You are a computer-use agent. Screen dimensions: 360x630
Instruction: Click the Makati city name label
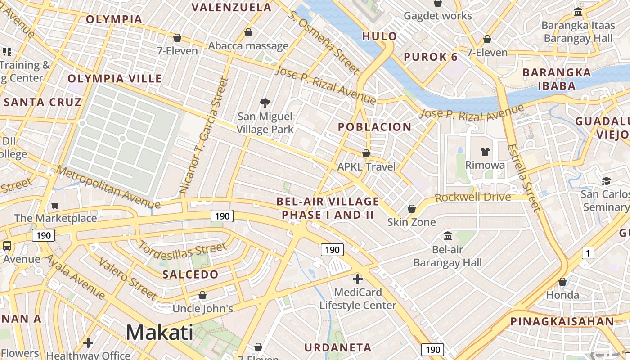pyautogui.click(x=160, y=333)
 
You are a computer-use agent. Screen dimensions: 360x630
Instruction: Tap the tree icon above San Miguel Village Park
pyautogui.click(x=265, y=103)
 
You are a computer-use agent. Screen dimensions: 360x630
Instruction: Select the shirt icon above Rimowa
pyautogui.click(x=485, y=151)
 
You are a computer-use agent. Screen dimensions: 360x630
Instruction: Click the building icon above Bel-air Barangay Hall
pyautogui.click(x=448, y=236)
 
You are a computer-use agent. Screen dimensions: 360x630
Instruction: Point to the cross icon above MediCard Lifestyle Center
pyautogui.click(x=358, y=279)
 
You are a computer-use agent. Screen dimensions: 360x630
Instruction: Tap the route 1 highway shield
pyautogui.click(x=588, y=253)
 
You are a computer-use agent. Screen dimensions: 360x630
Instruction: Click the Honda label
pyautogui.click(x=562, y=295)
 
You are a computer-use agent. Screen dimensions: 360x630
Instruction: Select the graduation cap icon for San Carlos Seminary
pyautogui.click(x=606, y=181)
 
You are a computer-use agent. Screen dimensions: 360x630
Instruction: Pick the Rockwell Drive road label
pyautogui.click(x=473, y=197)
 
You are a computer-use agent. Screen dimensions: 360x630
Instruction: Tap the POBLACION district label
pyautogui.click(x=375, y=127)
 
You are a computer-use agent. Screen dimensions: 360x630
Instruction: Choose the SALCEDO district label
pyautogui.click(x=190, y=274)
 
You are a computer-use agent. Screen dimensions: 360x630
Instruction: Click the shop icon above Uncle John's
pyautogui.click(x=202, y=296)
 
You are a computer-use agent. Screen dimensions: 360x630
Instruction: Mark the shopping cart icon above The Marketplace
pyautogui.click(x=55, y=206)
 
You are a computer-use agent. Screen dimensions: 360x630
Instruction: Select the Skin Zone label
pyautogui.click(x=412, y=222)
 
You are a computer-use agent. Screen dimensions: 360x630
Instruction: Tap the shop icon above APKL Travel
pyautogui.click(x=366, y=154)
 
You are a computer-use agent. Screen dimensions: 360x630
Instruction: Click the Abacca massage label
pyautogui.click(x=248, y=46)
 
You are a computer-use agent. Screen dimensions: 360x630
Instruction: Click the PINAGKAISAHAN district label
pyautogui.click(x=562, y=321)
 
